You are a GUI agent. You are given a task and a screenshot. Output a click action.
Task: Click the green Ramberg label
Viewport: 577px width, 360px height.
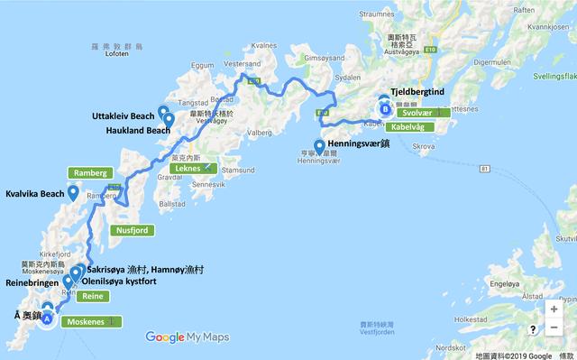90,172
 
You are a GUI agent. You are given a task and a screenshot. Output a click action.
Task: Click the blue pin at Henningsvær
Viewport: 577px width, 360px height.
319,148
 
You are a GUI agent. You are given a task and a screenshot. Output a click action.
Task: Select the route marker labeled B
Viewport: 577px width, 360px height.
386,110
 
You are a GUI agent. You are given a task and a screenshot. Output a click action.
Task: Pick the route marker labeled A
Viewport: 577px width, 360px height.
47,317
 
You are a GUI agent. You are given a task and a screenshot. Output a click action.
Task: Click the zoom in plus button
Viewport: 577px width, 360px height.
553,309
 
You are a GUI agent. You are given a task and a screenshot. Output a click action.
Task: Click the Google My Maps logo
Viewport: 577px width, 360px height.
187,337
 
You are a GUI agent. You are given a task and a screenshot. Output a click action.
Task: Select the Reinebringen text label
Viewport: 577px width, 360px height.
31,281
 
